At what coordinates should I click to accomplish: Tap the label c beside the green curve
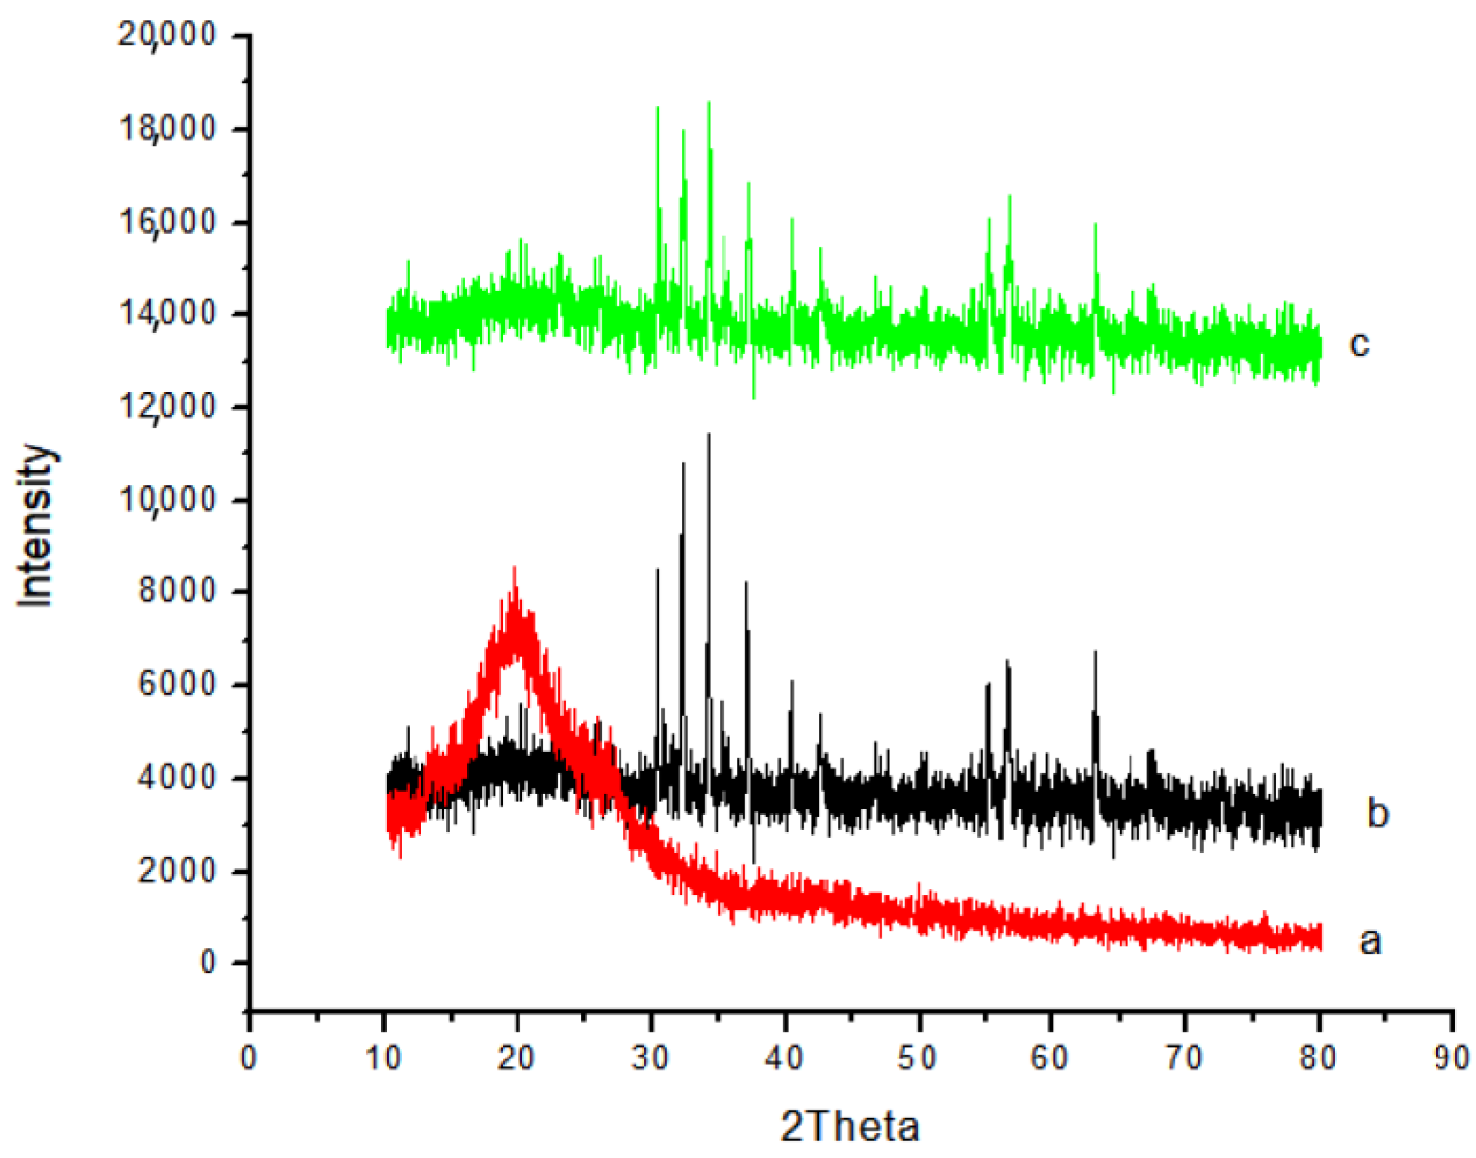[x=1359, y=344]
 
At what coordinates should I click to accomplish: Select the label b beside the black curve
[x=1378, y=813]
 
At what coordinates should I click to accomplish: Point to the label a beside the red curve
[x=1370, y=942]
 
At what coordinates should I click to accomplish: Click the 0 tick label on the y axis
[x=207, y=962]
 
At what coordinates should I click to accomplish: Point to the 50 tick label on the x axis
[x=917, y=1058]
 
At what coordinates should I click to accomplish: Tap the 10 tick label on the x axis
[x=384, y=1058]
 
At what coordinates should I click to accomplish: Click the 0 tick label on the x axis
[x=249, y=1058]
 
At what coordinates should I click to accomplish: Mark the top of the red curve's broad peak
[x=514, y=568]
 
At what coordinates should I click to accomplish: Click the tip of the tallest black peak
[x=709, y=434]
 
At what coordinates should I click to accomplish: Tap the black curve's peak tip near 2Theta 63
[x=1095, y=651]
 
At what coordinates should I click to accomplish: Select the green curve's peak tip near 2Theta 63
[x=1095, y=224]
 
